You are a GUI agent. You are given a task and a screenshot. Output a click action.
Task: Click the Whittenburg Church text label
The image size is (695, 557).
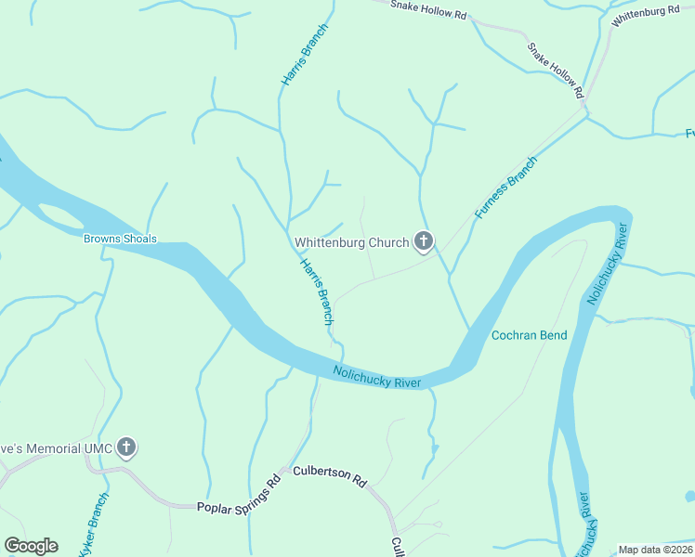coord(351,243)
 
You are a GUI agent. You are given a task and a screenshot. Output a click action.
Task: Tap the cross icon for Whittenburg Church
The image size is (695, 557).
coord(424,243)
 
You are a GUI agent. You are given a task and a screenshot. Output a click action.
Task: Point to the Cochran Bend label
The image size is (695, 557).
coord(528,335)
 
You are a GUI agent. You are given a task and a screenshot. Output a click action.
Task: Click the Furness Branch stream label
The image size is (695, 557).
coord(506,188)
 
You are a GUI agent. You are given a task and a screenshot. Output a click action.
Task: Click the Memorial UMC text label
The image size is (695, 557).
coord(56,449)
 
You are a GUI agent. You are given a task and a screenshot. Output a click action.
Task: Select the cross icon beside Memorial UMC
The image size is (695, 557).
coord(127,449)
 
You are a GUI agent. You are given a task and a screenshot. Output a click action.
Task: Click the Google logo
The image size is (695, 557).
coord(31,546)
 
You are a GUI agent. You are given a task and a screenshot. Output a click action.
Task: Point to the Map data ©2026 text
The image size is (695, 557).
coord(656,550)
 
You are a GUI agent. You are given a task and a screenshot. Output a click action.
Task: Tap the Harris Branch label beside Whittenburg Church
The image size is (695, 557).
coord(316,291)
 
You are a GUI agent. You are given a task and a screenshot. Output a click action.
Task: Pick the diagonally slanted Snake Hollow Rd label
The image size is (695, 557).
coord(555,70)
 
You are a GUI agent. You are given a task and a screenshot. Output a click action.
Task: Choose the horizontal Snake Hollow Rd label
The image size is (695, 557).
coord(428,9)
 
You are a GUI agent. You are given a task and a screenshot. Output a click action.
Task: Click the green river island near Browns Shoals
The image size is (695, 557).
coord(61,219)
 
